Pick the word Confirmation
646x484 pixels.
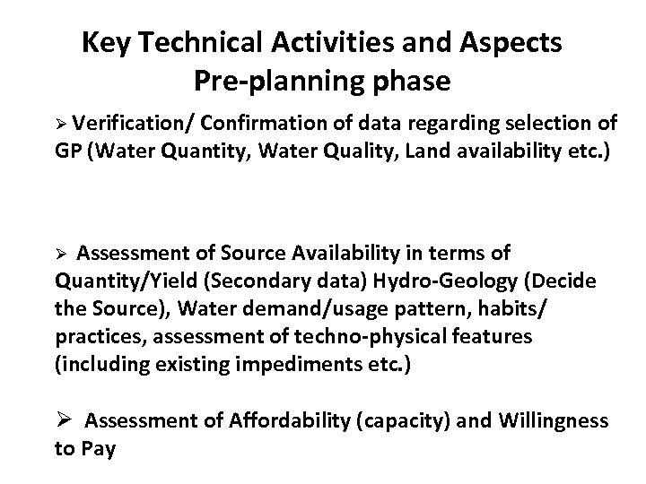[x=269, y=123]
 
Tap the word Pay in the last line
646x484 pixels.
[x=99, y=448]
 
